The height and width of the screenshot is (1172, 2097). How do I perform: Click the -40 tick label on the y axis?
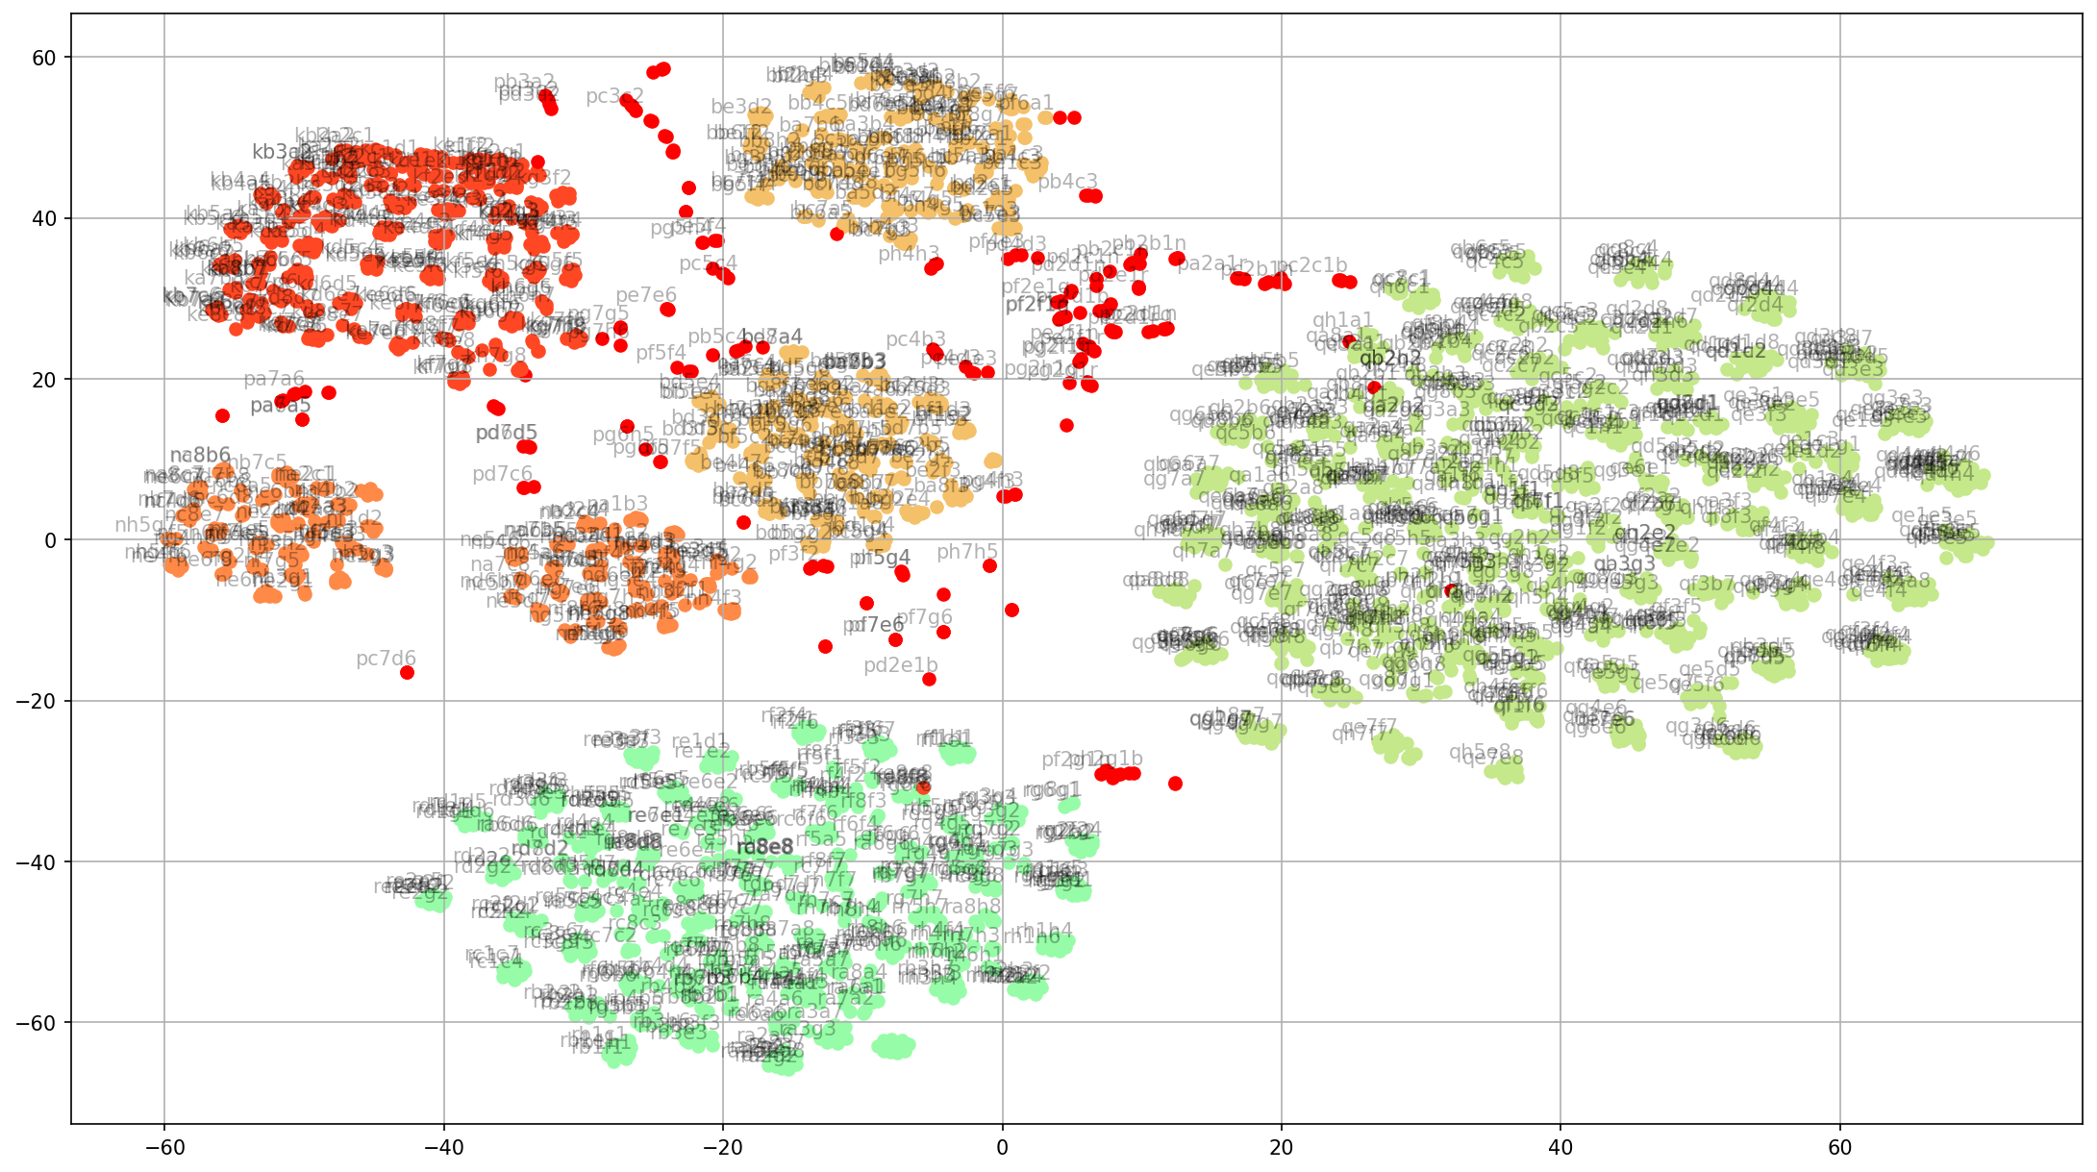[x=38, y=861]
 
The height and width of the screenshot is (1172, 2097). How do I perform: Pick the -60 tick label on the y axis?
[x=38, y=1022]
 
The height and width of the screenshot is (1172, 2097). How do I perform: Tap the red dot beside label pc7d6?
[x=408, y=672]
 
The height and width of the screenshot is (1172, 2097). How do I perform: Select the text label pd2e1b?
[x=900, y=664]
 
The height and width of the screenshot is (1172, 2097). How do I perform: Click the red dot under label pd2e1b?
[x=929, y=679]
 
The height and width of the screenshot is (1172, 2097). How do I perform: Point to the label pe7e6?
[x=646, y=294]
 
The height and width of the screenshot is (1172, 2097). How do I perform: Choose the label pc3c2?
[x=614, y=96]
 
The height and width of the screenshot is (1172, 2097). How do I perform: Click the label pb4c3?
[x=1067, y=181]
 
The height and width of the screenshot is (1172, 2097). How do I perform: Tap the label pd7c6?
[x=502, y=474]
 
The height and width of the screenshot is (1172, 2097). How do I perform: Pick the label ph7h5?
[x=967, y=551]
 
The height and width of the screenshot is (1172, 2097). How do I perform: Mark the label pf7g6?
[x=924, y=617]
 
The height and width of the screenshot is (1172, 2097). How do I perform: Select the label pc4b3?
[x=915, y=338]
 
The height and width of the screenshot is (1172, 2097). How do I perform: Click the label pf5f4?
[x=661, y=353]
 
